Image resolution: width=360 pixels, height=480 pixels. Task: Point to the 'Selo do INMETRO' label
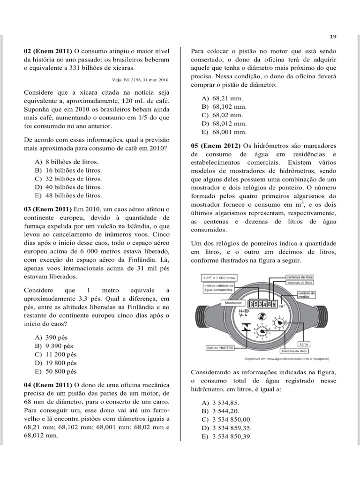(220, 347)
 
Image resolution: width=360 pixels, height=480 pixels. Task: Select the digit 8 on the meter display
(269, 304)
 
